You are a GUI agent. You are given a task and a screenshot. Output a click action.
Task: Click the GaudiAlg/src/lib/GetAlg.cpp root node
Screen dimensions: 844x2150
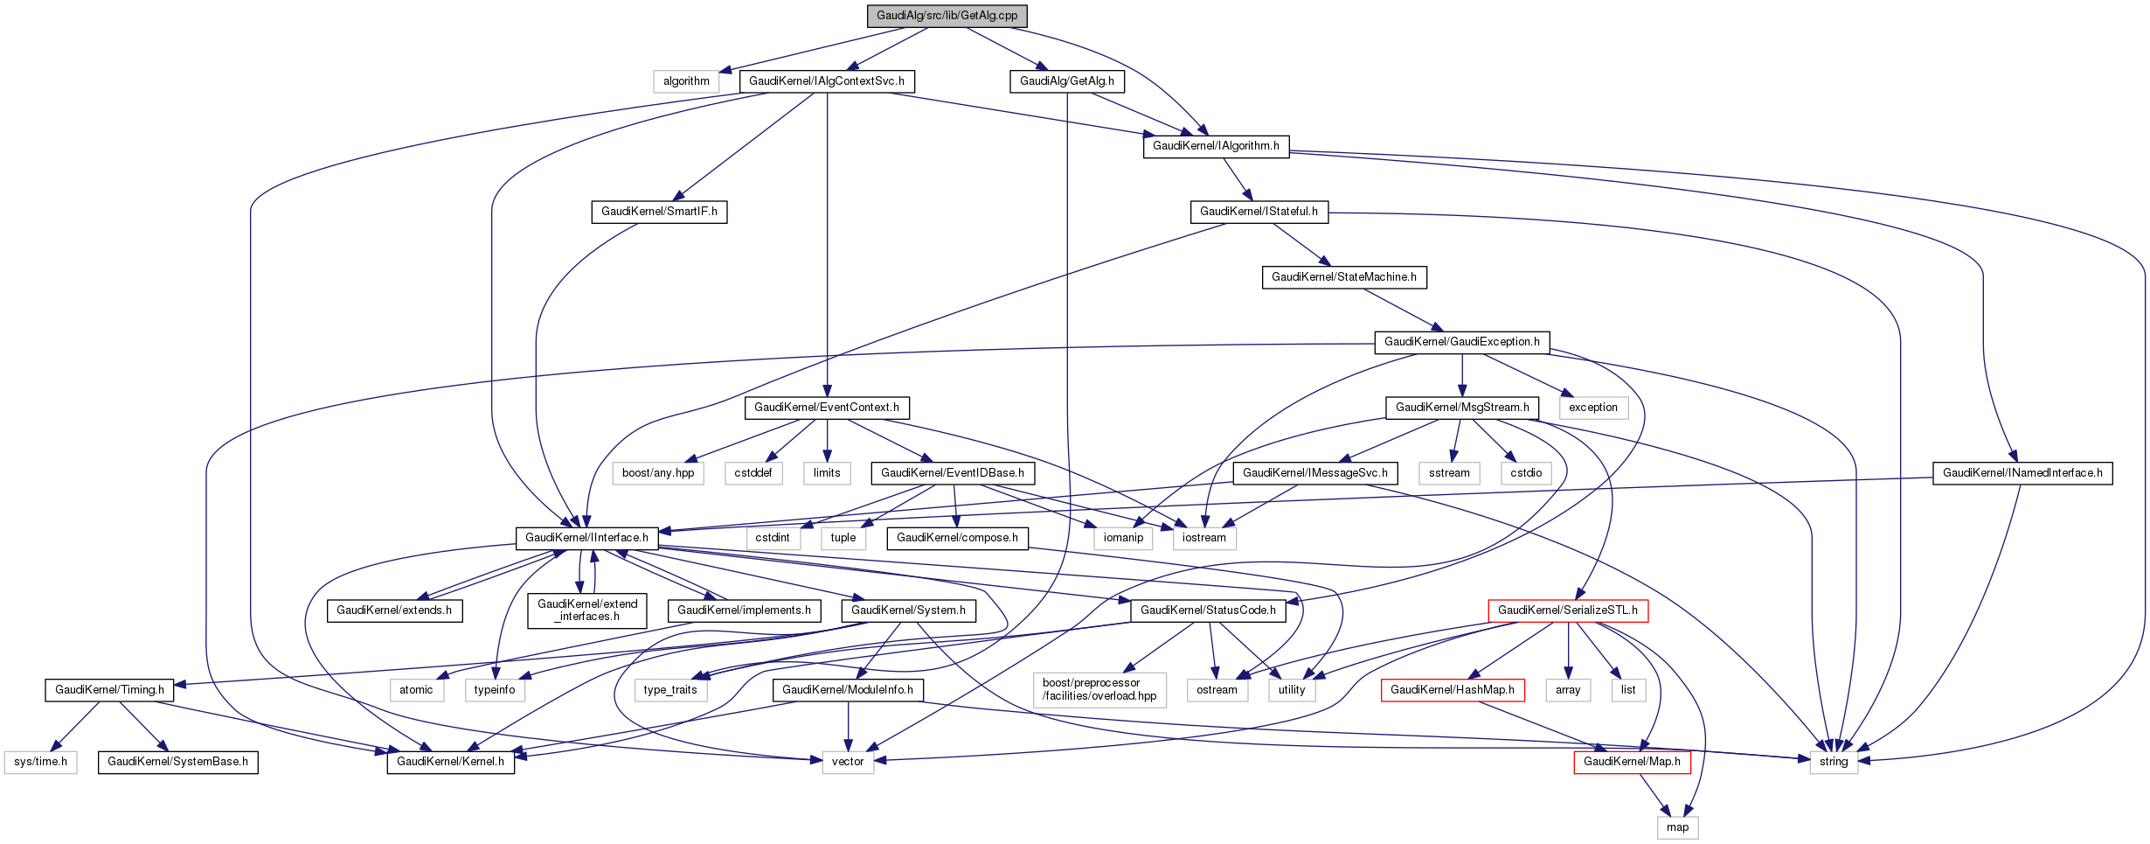(947, 16)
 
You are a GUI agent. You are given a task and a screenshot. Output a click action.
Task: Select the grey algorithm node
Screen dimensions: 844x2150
(686, 81)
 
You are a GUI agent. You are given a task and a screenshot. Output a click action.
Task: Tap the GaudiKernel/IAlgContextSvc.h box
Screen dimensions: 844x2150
(827, 81)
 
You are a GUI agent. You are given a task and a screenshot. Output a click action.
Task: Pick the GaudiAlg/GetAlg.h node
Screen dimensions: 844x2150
(1066, 81)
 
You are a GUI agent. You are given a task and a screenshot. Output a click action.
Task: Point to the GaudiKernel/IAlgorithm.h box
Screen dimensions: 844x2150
(1216, 146)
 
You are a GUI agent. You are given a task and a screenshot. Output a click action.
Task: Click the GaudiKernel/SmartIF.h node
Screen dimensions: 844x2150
(659, 212)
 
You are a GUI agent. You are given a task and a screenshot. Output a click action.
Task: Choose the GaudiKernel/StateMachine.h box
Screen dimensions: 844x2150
(1343, 277)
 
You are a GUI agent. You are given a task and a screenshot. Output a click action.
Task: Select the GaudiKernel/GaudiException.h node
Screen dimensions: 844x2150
(1461, 342)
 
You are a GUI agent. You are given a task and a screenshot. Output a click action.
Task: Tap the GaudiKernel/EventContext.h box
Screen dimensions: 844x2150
(826, 408)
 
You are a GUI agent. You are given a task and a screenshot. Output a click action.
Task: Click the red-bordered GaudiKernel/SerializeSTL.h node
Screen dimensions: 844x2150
(1567, 610)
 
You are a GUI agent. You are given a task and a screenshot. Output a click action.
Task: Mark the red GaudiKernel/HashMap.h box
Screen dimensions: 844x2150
(1452, 690)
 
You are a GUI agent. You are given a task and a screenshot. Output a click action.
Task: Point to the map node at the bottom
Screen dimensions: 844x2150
(1677, 827)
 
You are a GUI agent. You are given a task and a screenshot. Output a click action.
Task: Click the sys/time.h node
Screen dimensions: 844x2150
(40, 762)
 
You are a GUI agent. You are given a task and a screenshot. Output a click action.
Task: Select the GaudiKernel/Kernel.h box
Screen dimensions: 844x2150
(450, 762)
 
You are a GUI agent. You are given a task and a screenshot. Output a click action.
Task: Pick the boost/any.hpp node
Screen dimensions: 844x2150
(658, 473)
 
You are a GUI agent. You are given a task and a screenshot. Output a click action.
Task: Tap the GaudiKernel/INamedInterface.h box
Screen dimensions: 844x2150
(2022, 473)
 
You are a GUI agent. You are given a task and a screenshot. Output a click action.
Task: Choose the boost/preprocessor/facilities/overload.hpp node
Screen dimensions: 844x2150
(1099, 689)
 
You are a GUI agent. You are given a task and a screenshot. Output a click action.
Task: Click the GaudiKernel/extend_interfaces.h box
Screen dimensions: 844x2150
(587, 610)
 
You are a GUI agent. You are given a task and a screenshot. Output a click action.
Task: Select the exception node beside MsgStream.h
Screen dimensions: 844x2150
(1592, 408)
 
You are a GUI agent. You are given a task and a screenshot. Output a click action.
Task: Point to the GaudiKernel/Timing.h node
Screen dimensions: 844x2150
(109, 690)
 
